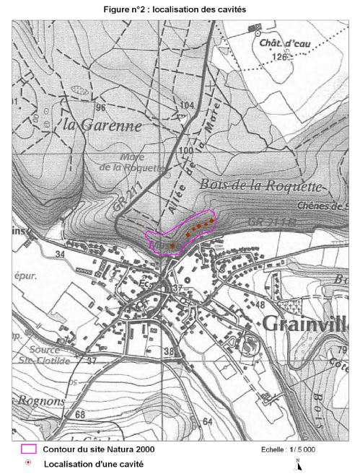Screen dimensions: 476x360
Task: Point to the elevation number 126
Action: (280, 57)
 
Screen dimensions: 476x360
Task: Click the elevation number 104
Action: (188, 105)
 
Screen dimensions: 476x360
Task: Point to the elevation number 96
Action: (101, 108)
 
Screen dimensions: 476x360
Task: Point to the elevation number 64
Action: (208, 421)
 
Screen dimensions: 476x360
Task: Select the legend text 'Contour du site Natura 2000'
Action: (98, 449)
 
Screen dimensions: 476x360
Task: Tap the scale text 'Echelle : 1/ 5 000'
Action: (288, 449)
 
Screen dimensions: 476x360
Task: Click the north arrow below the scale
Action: (298, 464)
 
